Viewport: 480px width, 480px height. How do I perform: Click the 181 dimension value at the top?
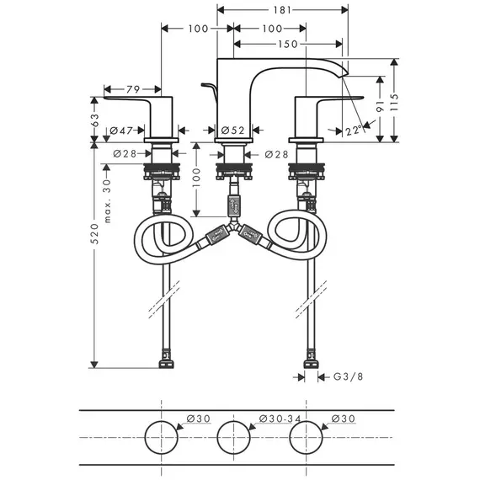(x=282, y=10)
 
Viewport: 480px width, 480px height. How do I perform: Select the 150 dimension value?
(x=288, y=44)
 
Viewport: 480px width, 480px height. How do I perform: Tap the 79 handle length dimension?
(x=133, y=89)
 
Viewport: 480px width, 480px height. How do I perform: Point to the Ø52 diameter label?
(x=233, y=131)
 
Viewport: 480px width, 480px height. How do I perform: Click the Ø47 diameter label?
(x=121, y=131)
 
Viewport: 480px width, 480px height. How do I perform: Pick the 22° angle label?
(x=354, y=131)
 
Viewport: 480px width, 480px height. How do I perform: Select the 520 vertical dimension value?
(x=96, y=233)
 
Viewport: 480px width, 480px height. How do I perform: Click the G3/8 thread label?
(x=348, y=376)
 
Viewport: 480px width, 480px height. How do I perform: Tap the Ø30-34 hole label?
(x=280, y=419)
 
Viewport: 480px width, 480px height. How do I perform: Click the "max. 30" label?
(x=108, y=200)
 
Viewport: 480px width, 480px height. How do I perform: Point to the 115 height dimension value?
(x=395, y=103)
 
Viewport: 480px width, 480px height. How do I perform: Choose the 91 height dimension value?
(x=380, y=106)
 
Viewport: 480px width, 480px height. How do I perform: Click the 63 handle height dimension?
(x=95, y=120)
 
